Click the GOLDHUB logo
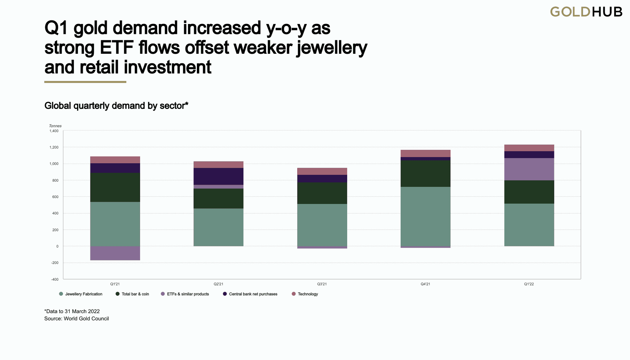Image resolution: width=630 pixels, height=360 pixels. tap(586, 12)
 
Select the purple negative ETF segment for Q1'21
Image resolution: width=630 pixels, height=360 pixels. tap(115, 253)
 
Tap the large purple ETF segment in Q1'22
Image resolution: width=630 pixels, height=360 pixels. tap(529, 169)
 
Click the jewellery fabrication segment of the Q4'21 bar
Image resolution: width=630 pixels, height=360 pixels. tap(425, 216)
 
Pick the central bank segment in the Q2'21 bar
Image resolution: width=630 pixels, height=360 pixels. tap(218, 176)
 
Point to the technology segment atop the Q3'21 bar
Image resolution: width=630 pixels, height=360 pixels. tap(322, 171)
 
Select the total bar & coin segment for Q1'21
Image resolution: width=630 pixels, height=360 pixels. tap(115, 187)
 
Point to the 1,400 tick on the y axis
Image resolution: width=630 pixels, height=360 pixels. tap(54, 131)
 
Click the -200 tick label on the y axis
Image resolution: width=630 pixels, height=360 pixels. tap(55, 263)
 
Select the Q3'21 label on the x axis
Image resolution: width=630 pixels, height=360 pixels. tap(322, 284)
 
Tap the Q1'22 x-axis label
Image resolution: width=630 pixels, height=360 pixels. tap(529, 284)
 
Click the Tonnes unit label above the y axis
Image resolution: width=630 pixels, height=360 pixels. tap(55, 126)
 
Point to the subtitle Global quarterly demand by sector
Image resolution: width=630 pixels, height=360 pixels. tap(116, 106)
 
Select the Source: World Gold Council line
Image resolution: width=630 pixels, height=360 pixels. tap(76, 319)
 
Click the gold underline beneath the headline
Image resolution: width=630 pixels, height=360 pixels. tap(85, 82)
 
